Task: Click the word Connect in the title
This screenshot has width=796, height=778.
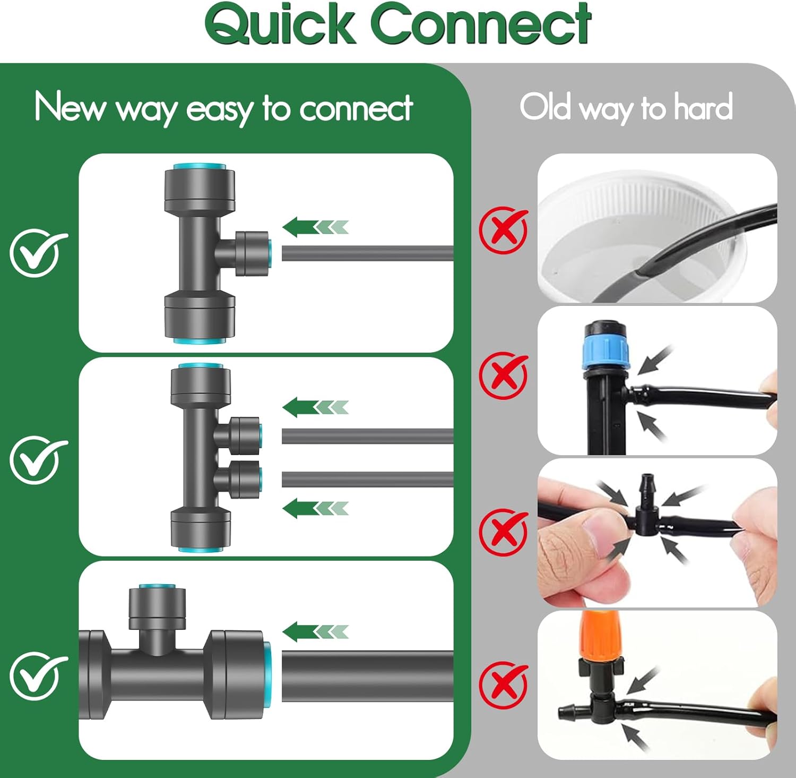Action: click(480, 24)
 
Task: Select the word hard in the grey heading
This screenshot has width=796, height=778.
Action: click(703, 107)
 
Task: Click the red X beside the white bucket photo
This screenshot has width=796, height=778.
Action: click(503, 230)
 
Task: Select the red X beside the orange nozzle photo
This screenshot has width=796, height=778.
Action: click(503, 685)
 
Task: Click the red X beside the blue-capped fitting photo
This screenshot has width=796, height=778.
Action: click(503, 375)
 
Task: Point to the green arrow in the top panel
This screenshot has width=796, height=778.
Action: click(315, 227)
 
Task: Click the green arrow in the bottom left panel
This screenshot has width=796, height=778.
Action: click(315, 631)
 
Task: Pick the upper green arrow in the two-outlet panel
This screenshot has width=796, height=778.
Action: click(315, 407)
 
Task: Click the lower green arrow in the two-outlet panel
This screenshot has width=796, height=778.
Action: click(315, 508)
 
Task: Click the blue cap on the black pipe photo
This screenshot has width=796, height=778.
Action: click(604, 348)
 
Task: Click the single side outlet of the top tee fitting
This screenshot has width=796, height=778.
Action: click(253, 253)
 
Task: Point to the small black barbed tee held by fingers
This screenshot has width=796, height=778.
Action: click(646, 510)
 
